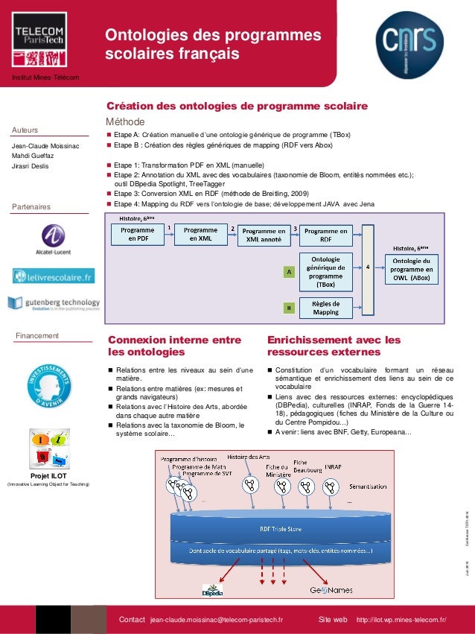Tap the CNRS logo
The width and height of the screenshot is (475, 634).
(409, 39)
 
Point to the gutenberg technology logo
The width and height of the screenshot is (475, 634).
(54, 304)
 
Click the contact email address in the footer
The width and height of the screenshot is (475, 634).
(217, 620)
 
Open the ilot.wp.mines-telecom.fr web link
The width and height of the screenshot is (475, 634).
(402, 620)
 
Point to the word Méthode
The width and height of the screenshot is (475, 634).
(125, 121)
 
